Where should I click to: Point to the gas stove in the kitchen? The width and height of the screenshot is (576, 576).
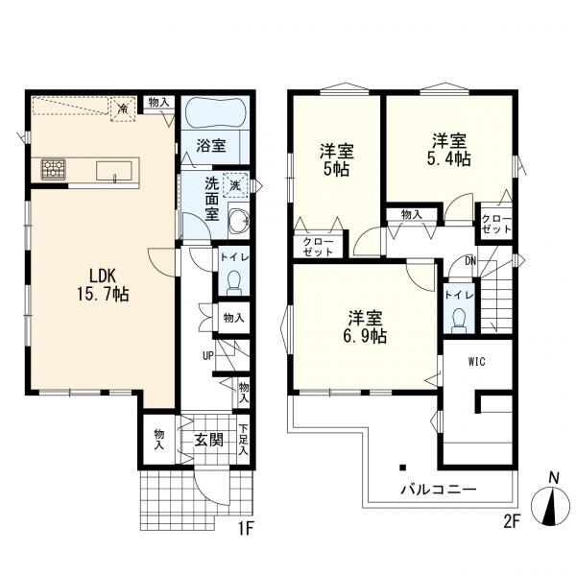[53, 170]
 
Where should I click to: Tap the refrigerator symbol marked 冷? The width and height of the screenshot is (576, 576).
[123, 110]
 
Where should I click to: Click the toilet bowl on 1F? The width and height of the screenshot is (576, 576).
[231, 281]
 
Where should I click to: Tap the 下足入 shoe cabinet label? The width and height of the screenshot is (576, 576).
[245, 440]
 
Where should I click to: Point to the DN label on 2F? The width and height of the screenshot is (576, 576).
[469, 260]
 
